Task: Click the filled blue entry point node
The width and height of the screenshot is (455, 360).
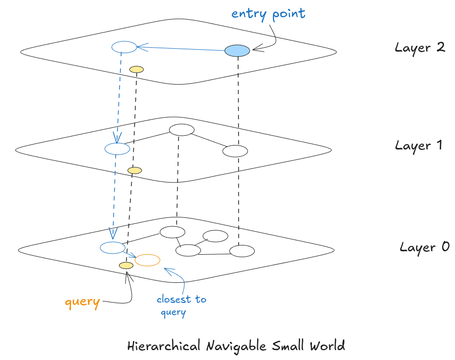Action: [237, 50]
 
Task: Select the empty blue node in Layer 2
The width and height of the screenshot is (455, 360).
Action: [124, 47]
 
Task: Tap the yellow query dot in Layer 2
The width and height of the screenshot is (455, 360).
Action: [136, 69]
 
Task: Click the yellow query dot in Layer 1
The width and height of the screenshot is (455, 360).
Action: [134, 170]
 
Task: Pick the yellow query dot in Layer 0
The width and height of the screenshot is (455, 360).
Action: [126, 266]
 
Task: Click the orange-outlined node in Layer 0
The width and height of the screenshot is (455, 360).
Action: [148, 260]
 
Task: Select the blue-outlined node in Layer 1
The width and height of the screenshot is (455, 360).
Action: [117, 149]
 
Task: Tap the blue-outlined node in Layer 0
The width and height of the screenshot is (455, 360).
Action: [112, 247]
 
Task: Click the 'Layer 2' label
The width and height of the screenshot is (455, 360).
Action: [420, 48]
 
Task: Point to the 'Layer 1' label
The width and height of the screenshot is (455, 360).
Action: [419, 146]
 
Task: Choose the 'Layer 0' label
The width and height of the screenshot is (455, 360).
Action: [424, 247]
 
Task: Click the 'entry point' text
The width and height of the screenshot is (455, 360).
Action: [268, 13]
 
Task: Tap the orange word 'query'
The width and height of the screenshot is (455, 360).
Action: [82, 301]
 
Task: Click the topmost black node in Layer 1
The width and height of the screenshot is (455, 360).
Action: [182, 130]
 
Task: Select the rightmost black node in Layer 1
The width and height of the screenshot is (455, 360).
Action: [235, 150]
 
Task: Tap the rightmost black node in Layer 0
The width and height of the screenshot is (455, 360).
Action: [242, 251]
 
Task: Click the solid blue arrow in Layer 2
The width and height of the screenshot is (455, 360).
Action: [182, 49]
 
